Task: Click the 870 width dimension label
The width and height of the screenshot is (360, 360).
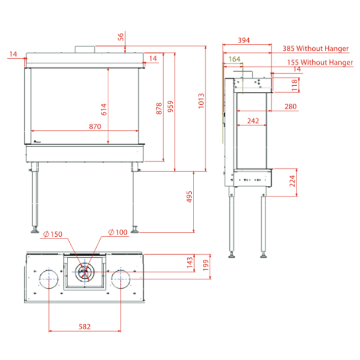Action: [95, 126]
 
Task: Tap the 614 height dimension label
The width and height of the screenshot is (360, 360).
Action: [104, 109]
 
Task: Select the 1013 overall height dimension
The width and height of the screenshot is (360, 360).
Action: [201, 101]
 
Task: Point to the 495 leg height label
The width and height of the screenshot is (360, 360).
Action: [189, 196]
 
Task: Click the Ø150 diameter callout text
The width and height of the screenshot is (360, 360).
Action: [53, 234]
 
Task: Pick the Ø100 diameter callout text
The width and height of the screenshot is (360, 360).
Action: [118, 232]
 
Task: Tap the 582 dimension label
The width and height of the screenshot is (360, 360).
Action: [85, 327]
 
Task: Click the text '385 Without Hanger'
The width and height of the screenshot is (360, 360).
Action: [316, 48]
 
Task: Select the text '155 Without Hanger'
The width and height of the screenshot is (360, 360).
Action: [320, 62]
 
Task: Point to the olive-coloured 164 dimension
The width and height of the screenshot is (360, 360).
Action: [234, 59]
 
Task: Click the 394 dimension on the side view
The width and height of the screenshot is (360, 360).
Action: [244, 40]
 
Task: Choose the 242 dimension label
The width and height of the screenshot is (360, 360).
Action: [253, 121]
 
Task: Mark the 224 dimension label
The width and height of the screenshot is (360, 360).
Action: [292, 181]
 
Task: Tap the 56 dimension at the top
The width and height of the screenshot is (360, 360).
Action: [121, 37]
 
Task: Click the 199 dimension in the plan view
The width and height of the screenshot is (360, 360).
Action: [206, 265]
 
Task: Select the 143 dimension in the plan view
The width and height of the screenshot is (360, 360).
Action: [190, 263]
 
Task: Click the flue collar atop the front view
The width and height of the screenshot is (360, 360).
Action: [85, 50]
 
